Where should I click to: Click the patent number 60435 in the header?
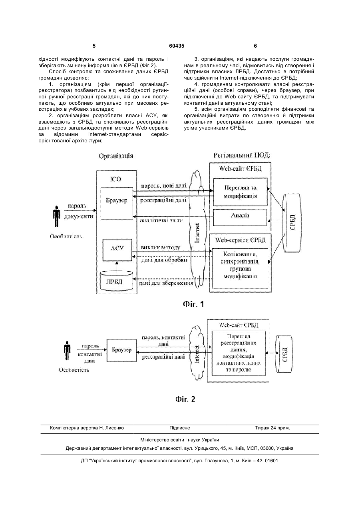point(177,46)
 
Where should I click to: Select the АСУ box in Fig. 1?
point(117,250)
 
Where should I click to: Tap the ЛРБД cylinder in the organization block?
point(116,280)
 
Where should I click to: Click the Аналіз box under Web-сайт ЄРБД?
point(240,217)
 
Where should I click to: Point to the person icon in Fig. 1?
point(56,216)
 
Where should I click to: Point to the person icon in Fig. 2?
point(67,351)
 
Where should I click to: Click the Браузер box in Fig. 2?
point(122,350)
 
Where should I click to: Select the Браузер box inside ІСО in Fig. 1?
point(117,203)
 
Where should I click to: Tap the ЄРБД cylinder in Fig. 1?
point(292,223)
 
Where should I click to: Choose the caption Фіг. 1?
point(193,304)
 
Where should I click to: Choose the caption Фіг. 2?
point(185,399)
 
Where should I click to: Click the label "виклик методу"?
point(160,247)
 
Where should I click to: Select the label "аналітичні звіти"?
point(161,220)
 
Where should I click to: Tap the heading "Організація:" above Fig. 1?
point(117,156)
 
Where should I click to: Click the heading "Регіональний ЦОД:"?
point(242,155)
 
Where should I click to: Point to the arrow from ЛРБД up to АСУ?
point(117,267)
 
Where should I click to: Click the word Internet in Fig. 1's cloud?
point(197,233)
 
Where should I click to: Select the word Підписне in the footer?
point(180,428)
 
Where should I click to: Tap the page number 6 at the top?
point(255,46)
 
